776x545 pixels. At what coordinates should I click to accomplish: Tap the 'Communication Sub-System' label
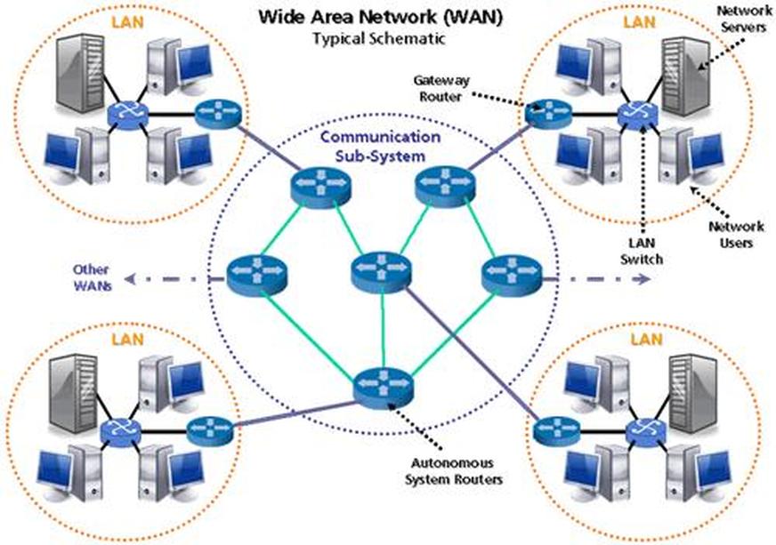[380, 147]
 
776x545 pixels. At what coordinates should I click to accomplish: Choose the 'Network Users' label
[736, 234]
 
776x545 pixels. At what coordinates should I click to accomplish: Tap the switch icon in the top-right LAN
[638, 113]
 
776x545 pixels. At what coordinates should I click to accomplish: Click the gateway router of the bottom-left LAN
[209, 429]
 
